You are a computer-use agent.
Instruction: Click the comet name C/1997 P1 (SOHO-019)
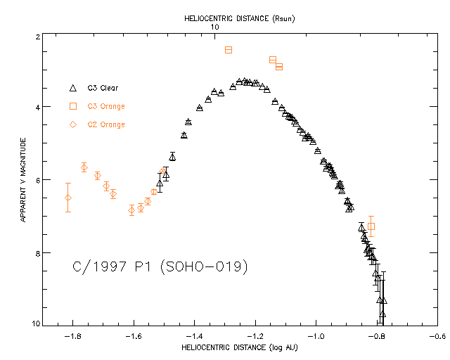pos(160,267)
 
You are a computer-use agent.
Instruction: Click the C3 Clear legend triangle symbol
pos(73,88)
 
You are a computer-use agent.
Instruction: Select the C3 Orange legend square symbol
pos(73,106)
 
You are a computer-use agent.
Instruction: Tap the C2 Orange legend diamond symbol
pos(73,124)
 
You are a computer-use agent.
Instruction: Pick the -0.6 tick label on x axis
pos(438,337)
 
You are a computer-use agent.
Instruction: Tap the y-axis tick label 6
pos(36,180)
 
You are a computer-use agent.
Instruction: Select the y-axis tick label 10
pos(34,323)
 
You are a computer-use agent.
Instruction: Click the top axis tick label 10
pos(215,27)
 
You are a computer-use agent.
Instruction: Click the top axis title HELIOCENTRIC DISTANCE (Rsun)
pos(238,19)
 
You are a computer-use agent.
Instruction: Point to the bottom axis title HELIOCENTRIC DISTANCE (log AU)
pos(239,347)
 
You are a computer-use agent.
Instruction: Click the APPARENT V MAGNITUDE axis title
pos(23,180)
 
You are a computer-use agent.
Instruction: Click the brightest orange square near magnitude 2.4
pos(229,50)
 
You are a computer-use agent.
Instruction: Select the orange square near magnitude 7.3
pos(371,226)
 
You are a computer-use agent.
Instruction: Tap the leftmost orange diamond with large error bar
pos(68,198)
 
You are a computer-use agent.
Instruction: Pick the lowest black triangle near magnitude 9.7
pos(382,314)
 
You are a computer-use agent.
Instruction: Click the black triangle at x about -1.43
pos(184,135)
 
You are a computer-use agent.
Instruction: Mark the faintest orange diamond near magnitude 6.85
pos(131,210)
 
